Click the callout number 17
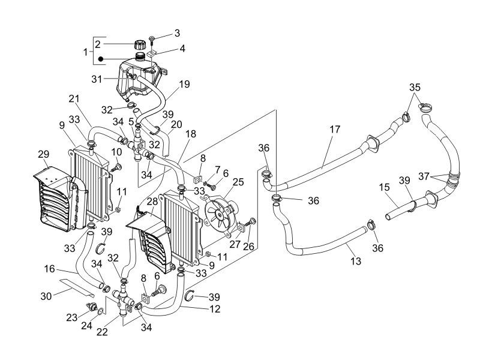point(335,129)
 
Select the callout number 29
point(43,154)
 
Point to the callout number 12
point(215,310)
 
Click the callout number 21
point(74,98)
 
